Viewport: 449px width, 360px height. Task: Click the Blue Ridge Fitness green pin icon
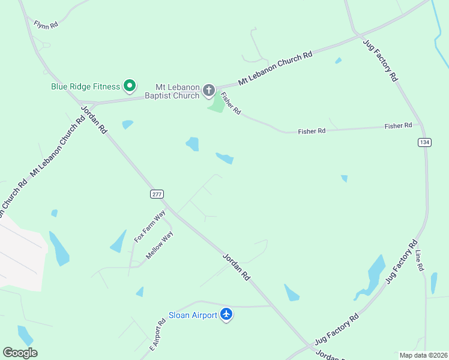coord(129,86)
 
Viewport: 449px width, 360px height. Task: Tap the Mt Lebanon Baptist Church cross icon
coord(209,91)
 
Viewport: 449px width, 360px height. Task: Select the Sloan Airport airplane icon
coord(226,314)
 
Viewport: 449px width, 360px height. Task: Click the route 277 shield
coord(157,194)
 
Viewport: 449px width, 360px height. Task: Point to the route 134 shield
coord(425,142)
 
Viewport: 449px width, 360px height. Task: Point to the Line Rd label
coord(419,260)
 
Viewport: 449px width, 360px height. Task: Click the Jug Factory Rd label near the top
coord(381,59)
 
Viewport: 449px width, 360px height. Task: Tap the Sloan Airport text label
coord(193,315)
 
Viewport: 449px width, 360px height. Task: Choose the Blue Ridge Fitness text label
coord(85,86)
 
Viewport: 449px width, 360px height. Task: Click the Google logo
coord(20,353)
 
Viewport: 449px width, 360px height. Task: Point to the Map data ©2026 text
coord(423,355)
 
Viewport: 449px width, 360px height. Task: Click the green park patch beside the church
coord(216,105)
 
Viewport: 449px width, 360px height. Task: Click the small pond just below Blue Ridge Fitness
coord(127,125)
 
